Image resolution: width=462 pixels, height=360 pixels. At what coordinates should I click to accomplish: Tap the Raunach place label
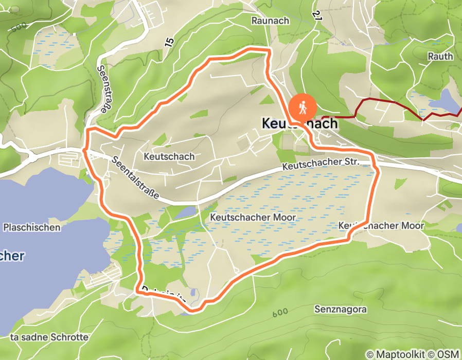point(270,21)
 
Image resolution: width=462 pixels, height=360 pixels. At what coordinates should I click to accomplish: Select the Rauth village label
point(440,57)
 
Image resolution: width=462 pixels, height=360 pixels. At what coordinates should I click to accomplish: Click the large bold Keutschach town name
point(300,124)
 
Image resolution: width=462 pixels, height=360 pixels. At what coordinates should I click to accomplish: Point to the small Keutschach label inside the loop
point(169,156)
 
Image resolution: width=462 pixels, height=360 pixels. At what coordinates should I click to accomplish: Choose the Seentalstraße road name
point(135,179)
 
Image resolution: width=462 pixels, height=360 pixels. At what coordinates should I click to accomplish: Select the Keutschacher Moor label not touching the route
point(253,218)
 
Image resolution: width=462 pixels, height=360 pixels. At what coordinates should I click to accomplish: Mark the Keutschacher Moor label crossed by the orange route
point(381,226)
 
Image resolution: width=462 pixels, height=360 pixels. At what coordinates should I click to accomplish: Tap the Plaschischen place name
point(32,227)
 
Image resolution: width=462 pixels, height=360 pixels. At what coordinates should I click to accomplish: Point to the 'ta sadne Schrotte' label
point(49,337)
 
